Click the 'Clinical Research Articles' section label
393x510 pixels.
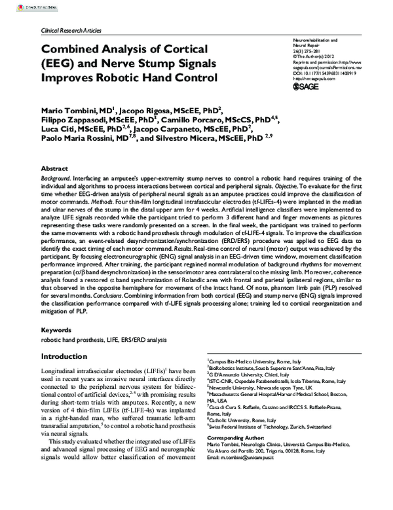[71, 31]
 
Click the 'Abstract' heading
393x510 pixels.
[54, 168]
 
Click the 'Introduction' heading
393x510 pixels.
[67, 357]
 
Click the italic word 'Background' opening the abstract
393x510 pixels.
[57, 178]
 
